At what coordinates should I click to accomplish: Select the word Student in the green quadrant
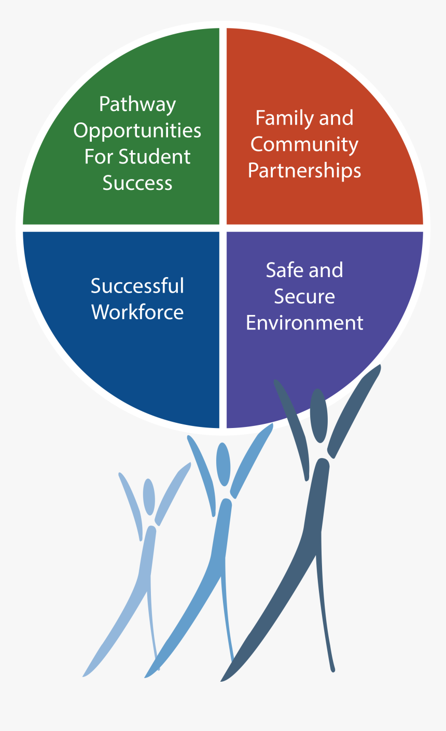[155, 157]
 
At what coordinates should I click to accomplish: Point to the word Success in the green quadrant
[137, 183]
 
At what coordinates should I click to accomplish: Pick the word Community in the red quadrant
[304, 145]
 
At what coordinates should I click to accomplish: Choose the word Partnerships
[304, 171]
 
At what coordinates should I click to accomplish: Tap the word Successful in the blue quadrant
[137, 286]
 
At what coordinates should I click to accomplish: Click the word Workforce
[137, 312]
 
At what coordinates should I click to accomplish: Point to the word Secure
[304, 297]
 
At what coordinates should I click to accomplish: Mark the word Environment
[304, 323]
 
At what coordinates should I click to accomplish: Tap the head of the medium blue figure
[224, 464]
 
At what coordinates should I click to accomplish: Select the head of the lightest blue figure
[149, 496]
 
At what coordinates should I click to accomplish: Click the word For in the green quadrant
[99, 157]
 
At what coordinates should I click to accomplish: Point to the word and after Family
[336, 119]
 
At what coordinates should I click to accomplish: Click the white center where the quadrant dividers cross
[223, 228]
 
